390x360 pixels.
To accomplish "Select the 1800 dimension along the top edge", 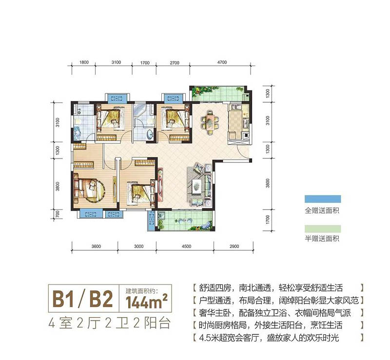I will click(83, 63).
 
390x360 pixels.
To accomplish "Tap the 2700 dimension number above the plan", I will click(175, 63).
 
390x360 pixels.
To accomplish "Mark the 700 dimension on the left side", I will click(58, 212).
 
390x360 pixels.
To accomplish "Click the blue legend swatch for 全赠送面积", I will click(322, 199).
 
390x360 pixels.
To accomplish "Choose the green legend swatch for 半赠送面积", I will click(322, 228).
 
